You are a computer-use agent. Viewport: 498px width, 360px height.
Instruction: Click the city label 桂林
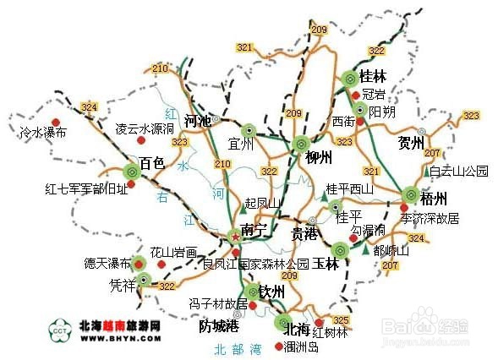tap(373, 76)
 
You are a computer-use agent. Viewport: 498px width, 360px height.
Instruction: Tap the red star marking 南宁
tap(234, 237)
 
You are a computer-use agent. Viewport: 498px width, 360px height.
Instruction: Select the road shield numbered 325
tap(341, 319)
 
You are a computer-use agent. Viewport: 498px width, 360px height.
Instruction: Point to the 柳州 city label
tap(314, 157)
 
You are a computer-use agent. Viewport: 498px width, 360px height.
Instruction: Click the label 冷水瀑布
tap(43, 133)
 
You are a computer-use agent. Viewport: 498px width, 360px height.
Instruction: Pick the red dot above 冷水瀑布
tap(56, 120)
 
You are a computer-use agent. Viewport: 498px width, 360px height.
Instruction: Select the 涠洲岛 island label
tap(302, 347)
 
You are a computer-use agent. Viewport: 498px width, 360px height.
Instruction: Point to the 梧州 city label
tap(433, 200)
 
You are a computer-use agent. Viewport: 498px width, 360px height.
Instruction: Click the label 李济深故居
tap(430, 218)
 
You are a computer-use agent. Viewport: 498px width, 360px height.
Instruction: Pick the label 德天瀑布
tap(108, 263)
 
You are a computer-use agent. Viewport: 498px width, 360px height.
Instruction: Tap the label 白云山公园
tap(458, 171)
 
